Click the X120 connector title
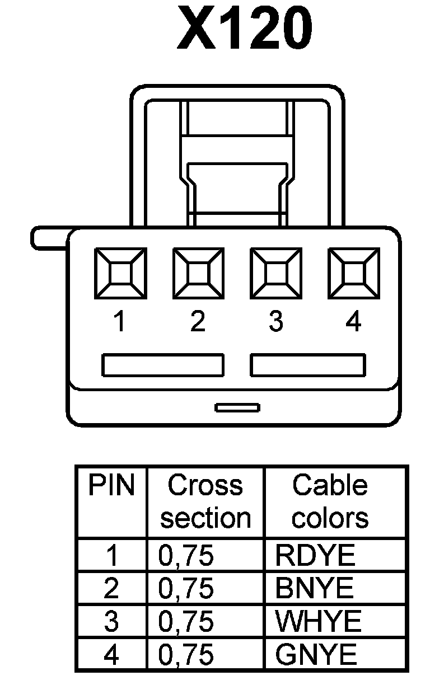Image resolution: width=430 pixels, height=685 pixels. click(244, 28)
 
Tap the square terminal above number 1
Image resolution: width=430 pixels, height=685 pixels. click(120, 274)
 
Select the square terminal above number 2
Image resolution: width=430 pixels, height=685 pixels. click(198, 274)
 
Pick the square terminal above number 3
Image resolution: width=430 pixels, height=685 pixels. click(275, 274)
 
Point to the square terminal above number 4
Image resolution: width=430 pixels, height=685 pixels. click(353, 274)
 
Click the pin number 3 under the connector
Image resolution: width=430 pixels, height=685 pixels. click(275, 322)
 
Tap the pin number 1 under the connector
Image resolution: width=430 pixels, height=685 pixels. click(119, 322)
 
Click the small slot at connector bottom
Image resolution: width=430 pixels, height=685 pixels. click(237, 407)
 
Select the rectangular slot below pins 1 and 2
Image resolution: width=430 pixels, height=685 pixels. click(162, 365)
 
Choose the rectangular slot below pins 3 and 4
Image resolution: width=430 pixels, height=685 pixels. click(308, 365)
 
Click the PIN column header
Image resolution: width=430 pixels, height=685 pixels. click(111, 486)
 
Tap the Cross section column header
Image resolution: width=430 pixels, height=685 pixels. click(205, 501)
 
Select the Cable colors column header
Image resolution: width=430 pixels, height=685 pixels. click(330, 501)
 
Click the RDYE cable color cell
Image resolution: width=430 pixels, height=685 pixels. click(315, 555)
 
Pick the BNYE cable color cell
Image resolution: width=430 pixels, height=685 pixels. click(315, 588)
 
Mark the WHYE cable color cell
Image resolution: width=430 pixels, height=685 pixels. click(318, 621)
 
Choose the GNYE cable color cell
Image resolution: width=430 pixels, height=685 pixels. click(316, 655)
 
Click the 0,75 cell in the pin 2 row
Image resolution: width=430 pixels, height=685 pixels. click(186, 588)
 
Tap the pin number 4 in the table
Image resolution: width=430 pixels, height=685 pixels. click(111, 655)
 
